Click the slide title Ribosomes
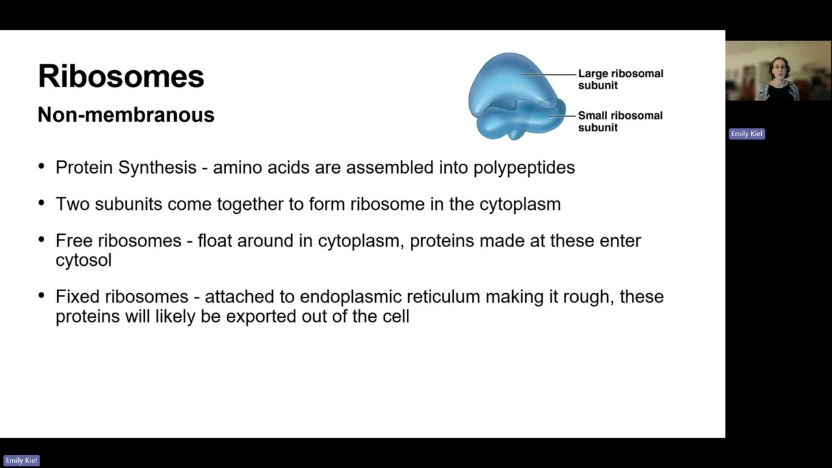(x=121, y=77)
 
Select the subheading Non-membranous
(x=125, y=115)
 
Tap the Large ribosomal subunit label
(x=620, y=79)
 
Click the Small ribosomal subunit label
(x=620, y=122)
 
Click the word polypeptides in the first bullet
(x=524, y=168)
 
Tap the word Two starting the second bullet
(x=73, y=204)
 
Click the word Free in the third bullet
(x=74, y=240)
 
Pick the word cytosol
(x=83, y=260)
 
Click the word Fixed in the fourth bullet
(x=77, y=297)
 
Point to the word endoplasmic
(x=350, y=297)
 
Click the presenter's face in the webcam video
(x=778, y=68)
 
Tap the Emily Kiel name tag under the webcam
(x=746, y=134)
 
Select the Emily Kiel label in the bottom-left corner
(x=21, y=460)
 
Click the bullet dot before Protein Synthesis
(x=42, y=166)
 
